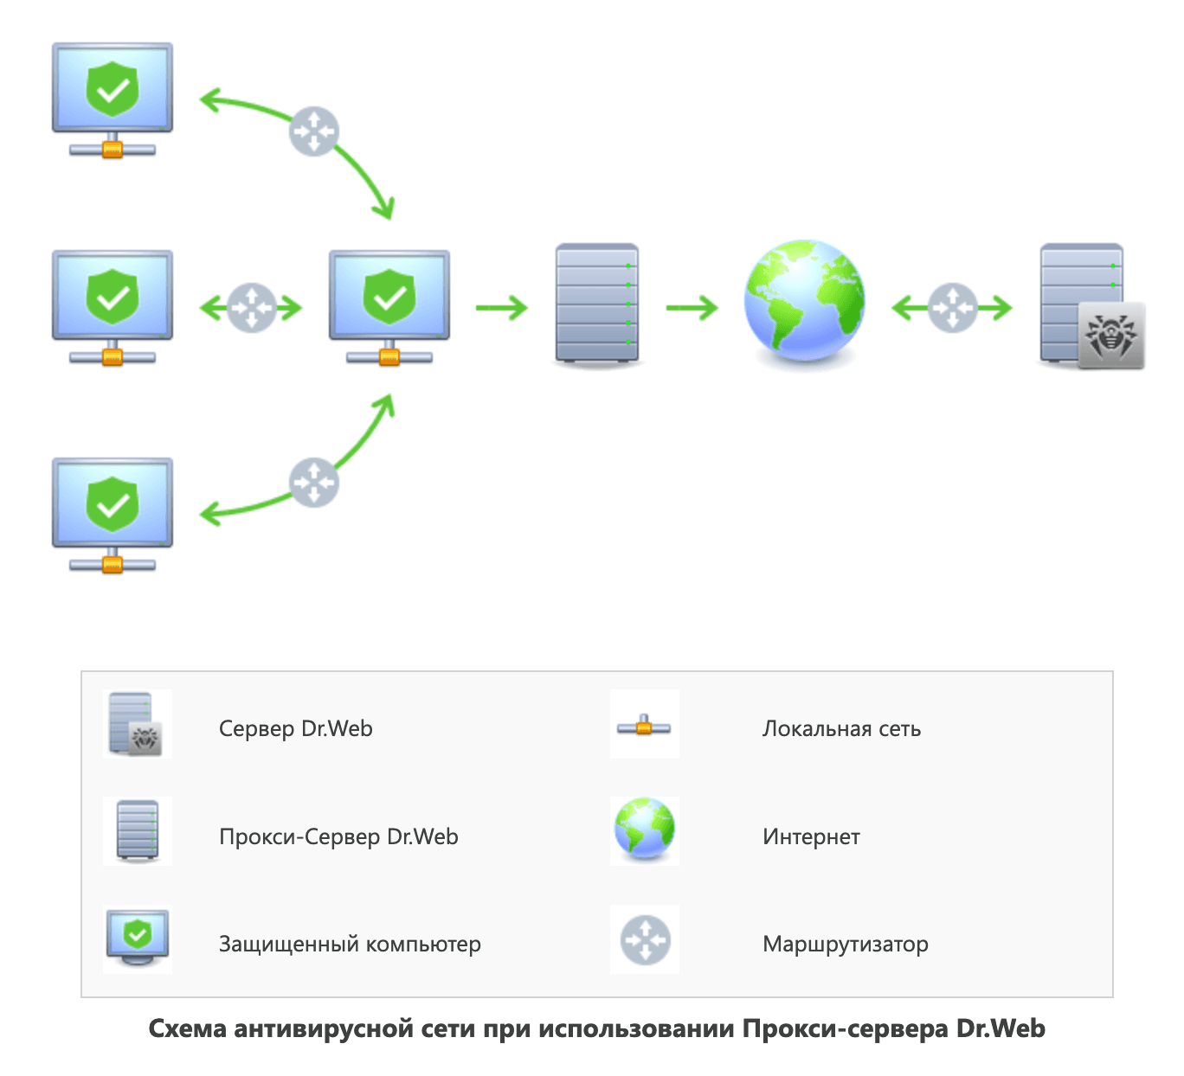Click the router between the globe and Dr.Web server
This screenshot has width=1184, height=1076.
click(952, 307)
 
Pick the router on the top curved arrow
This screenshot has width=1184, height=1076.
click(313, 131)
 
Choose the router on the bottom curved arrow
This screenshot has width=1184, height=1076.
click(313, 483)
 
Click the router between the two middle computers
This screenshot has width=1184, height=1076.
click(251, 307)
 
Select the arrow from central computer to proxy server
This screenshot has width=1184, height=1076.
click(502, 307)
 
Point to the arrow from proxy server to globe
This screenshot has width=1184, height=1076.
click(692, 307)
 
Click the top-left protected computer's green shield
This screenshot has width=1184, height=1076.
click(113, 88)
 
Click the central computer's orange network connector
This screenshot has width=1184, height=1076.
click(389, 356)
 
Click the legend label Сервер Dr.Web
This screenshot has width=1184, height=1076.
click(295, 728)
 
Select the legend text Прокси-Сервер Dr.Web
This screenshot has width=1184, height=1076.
click(338, 836)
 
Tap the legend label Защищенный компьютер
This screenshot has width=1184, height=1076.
click(350, 944)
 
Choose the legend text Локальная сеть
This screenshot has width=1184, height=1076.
click(841, 729)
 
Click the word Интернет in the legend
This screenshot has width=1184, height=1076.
click(811, 836)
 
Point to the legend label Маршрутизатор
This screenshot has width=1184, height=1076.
click(845, 944)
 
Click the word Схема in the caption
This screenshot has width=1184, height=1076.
click(186, 1028)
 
